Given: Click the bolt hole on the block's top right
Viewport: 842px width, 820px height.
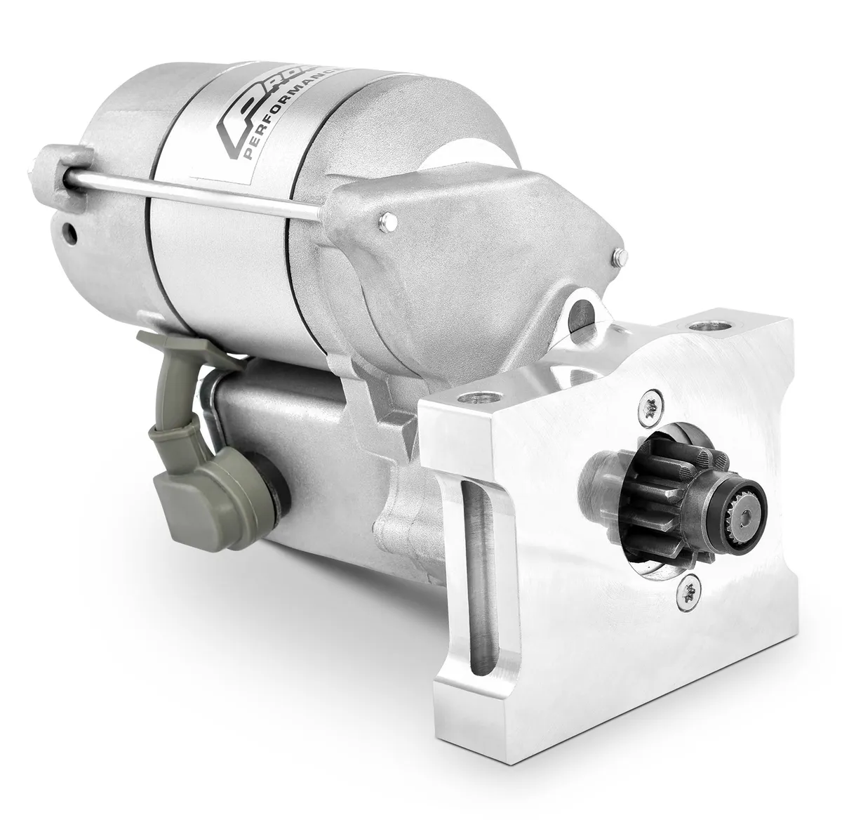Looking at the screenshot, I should (x=699, y=327).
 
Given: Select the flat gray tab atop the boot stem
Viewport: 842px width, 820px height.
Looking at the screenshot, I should (x=172, y=343).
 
